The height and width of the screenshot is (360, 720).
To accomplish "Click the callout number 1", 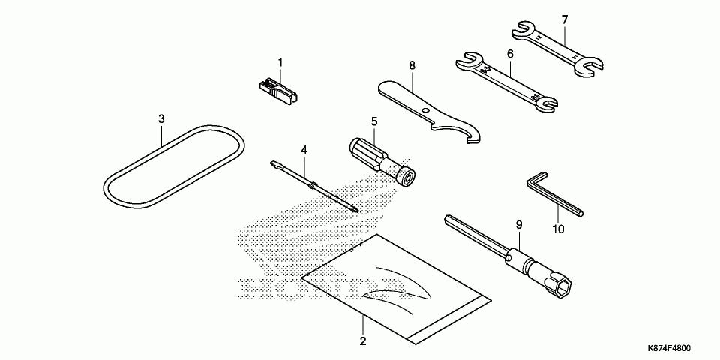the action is tap(280, 61).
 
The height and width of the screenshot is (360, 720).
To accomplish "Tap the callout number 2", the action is tap(362, 341).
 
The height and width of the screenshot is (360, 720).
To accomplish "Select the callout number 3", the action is tap(161, 118).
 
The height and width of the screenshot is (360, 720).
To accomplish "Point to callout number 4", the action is tap(304, 150).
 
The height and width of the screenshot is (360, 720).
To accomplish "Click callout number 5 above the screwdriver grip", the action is tap(373, 120).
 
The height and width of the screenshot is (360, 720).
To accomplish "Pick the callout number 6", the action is tap(510, 54).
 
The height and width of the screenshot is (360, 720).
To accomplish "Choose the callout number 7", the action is tap(565, 19).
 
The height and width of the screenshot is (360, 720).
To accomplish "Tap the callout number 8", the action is tap(412, 65).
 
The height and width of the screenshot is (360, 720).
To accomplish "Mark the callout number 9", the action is tap(517, 224).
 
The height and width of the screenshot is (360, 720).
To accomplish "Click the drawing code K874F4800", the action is tap(670, 349).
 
